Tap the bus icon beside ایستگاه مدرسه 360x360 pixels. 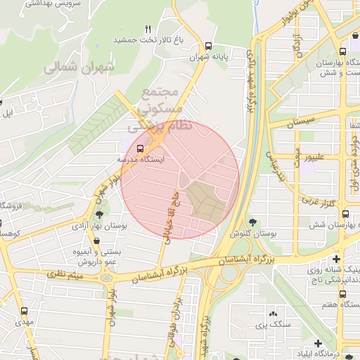[140, 148]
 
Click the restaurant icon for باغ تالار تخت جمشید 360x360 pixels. [148, 29]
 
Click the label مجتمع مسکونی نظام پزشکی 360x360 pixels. [156, 110]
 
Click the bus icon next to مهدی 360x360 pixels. [25, 311]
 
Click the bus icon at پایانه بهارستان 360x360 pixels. [342, 53]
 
